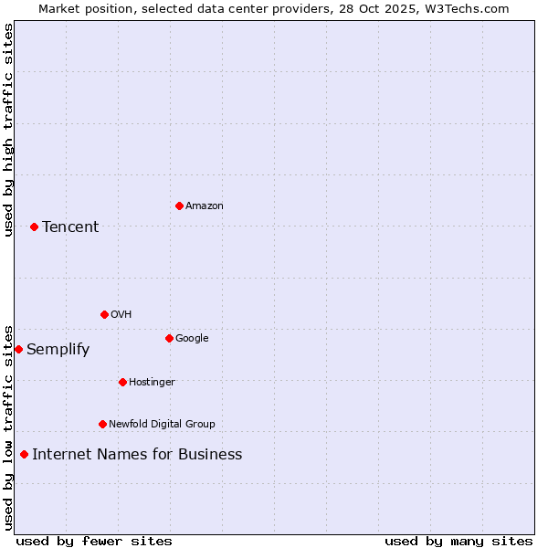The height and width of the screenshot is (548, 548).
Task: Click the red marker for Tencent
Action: point(34,227)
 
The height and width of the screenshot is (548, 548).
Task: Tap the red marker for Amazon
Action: point(179,205)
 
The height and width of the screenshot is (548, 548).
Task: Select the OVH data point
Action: point(104,314)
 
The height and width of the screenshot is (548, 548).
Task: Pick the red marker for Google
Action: point(169,338)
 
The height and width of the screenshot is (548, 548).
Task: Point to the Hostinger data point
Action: point(122,382)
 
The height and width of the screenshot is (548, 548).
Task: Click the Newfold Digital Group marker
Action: point(102,424)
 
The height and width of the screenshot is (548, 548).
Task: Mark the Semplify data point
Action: point(18,349)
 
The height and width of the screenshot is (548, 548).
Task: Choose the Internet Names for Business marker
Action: point(24,454)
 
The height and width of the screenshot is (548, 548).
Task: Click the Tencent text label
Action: point(70,227)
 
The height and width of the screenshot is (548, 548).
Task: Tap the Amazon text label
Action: point(204,205)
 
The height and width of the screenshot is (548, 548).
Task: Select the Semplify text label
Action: point(58,349)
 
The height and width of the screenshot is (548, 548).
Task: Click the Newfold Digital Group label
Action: point(162,424)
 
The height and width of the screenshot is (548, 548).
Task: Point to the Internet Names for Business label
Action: point(137,454)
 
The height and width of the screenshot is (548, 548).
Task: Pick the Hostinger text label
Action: point(152,382)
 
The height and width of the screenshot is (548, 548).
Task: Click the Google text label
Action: point(192,338)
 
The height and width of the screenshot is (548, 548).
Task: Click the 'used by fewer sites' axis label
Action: point(94,541)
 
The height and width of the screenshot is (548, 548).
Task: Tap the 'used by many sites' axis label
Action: point(458,541)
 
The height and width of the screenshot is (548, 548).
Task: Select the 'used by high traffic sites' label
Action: point(8,130)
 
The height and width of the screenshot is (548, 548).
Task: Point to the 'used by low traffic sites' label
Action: point(8,427)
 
